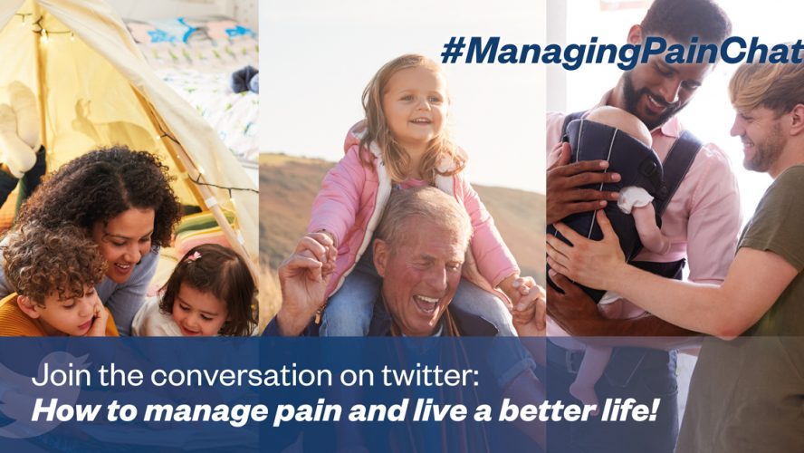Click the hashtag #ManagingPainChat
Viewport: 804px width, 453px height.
(x=622, y=52)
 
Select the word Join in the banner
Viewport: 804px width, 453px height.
(x=61, y=377)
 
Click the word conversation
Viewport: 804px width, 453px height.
(x=244, y=377)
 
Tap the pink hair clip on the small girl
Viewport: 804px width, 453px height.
(x=194, y=255)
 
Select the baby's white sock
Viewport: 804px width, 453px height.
(x=635, y=199)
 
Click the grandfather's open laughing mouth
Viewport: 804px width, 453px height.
(x=426, y=304)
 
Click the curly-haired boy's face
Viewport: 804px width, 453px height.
(x=71, y=309)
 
